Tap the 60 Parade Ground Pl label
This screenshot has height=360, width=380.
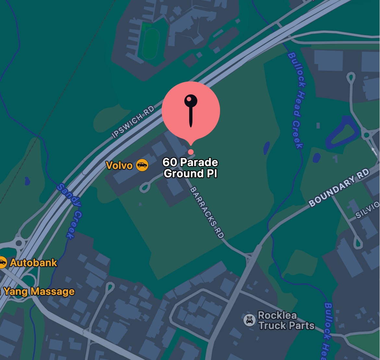[x=190, y=168]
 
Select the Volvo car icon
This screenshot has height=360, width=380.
[x=142, y=165]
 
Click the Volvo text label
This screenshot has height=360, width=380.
[x=119, y=165]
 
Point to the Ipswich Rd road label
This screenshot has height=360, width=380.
[x=133, y=122]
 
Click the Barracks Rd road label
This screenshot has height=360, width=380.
[x=207, y=212]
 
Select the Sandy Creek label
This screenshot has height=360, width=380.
[x=69, y=211]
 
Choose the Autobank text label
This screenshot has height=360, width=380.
[x=34, y=262]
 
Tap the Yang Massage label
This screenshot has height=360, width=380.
[x=39, y=291]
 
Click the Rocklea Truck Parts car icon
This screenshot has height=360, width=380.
[x=250, y=320]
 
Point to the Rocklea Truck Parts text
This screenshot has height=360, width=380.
[x=286, y=320]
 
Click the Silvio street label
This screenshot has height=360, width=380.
[x=368, y=210]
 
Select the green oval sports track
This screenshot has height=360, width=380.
[x=150, y=44]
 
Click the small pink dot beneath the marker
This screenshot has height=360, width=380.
[x=191, y=152]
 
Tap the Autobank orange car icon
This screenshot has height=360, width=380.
[x=3, y=262]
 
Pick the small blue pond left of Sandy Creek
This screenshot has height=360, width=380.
[x=28, y=180]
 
